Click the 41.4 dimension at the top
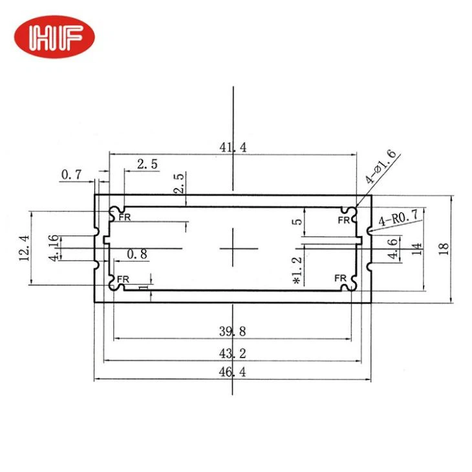coord(232,147)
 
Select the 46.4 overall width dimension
coord(232,373)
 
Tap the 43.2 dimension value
coord(232,354)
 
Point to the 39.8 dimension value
coord(232,332)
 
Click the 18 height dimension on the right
coord(443,249)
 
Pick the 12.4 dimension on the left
coord(25,248)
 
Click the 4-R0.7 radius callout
coord(399,218)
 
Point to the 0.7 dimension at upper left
coord(71,175)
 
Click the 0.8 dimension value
coord(137,254)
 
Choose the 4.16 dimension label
coord(54,248)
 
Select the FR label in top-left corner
coord(123,217)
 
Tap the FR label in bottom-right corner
coord(341,279)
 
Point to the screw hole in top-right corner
coord(350,211)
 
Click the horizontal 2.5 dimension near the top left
coord(147,164)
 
